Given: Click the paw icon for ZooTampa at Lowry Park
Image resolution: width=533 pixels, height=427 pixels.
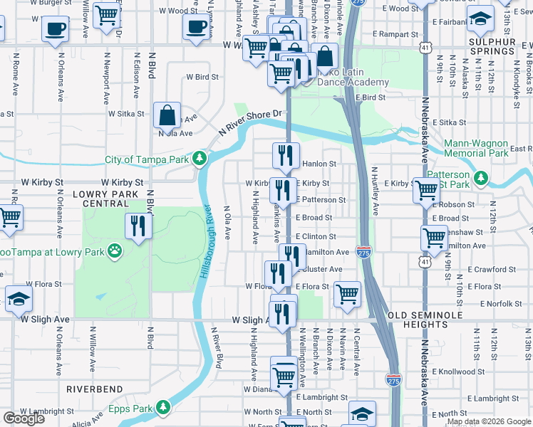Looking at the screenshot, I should tap(114, 251).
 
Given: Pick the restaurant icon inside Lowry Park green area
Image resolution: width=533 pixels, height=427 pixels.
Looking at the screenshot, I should tap(138, 226).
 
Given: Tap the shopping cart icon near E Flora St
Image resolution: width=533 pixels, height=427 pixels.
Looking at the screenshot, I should tap(347, 292).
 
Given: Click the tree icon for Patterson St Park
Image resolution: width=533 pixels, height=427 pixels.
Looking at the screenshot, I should tap(482, 176).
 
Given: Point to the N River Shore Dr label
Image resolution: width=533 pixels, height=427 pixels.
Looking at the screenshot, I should tap(252, 124).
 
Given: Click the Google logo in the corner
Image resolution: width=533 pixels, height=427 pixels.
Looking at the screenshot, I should tap(24, 418).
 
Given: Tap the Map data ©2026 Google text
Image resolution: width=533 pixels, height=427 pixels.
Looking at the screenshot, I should tap(488, 421).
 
